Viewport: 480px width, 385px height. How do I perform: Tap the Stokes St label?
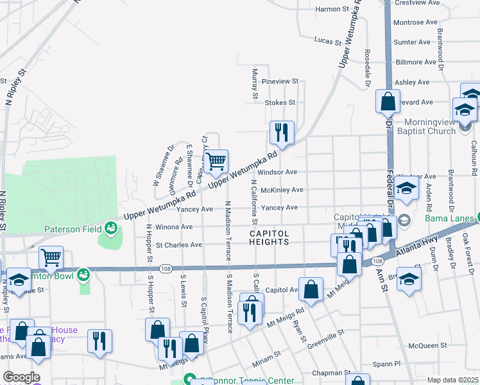280,102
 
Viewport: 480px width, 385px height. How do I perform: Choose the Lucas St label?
327,40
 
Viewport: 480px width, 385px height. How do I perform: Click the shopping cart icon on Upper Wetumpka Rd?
217,161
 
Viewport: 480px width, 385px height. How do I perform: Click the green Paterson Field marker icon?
111,227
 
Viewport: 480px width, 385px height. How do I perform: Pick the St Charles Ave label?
179,245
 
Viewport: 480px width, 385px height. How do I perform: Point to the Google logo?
21,377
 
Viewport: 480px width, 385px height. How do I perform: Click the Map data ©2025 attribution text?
452,380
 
